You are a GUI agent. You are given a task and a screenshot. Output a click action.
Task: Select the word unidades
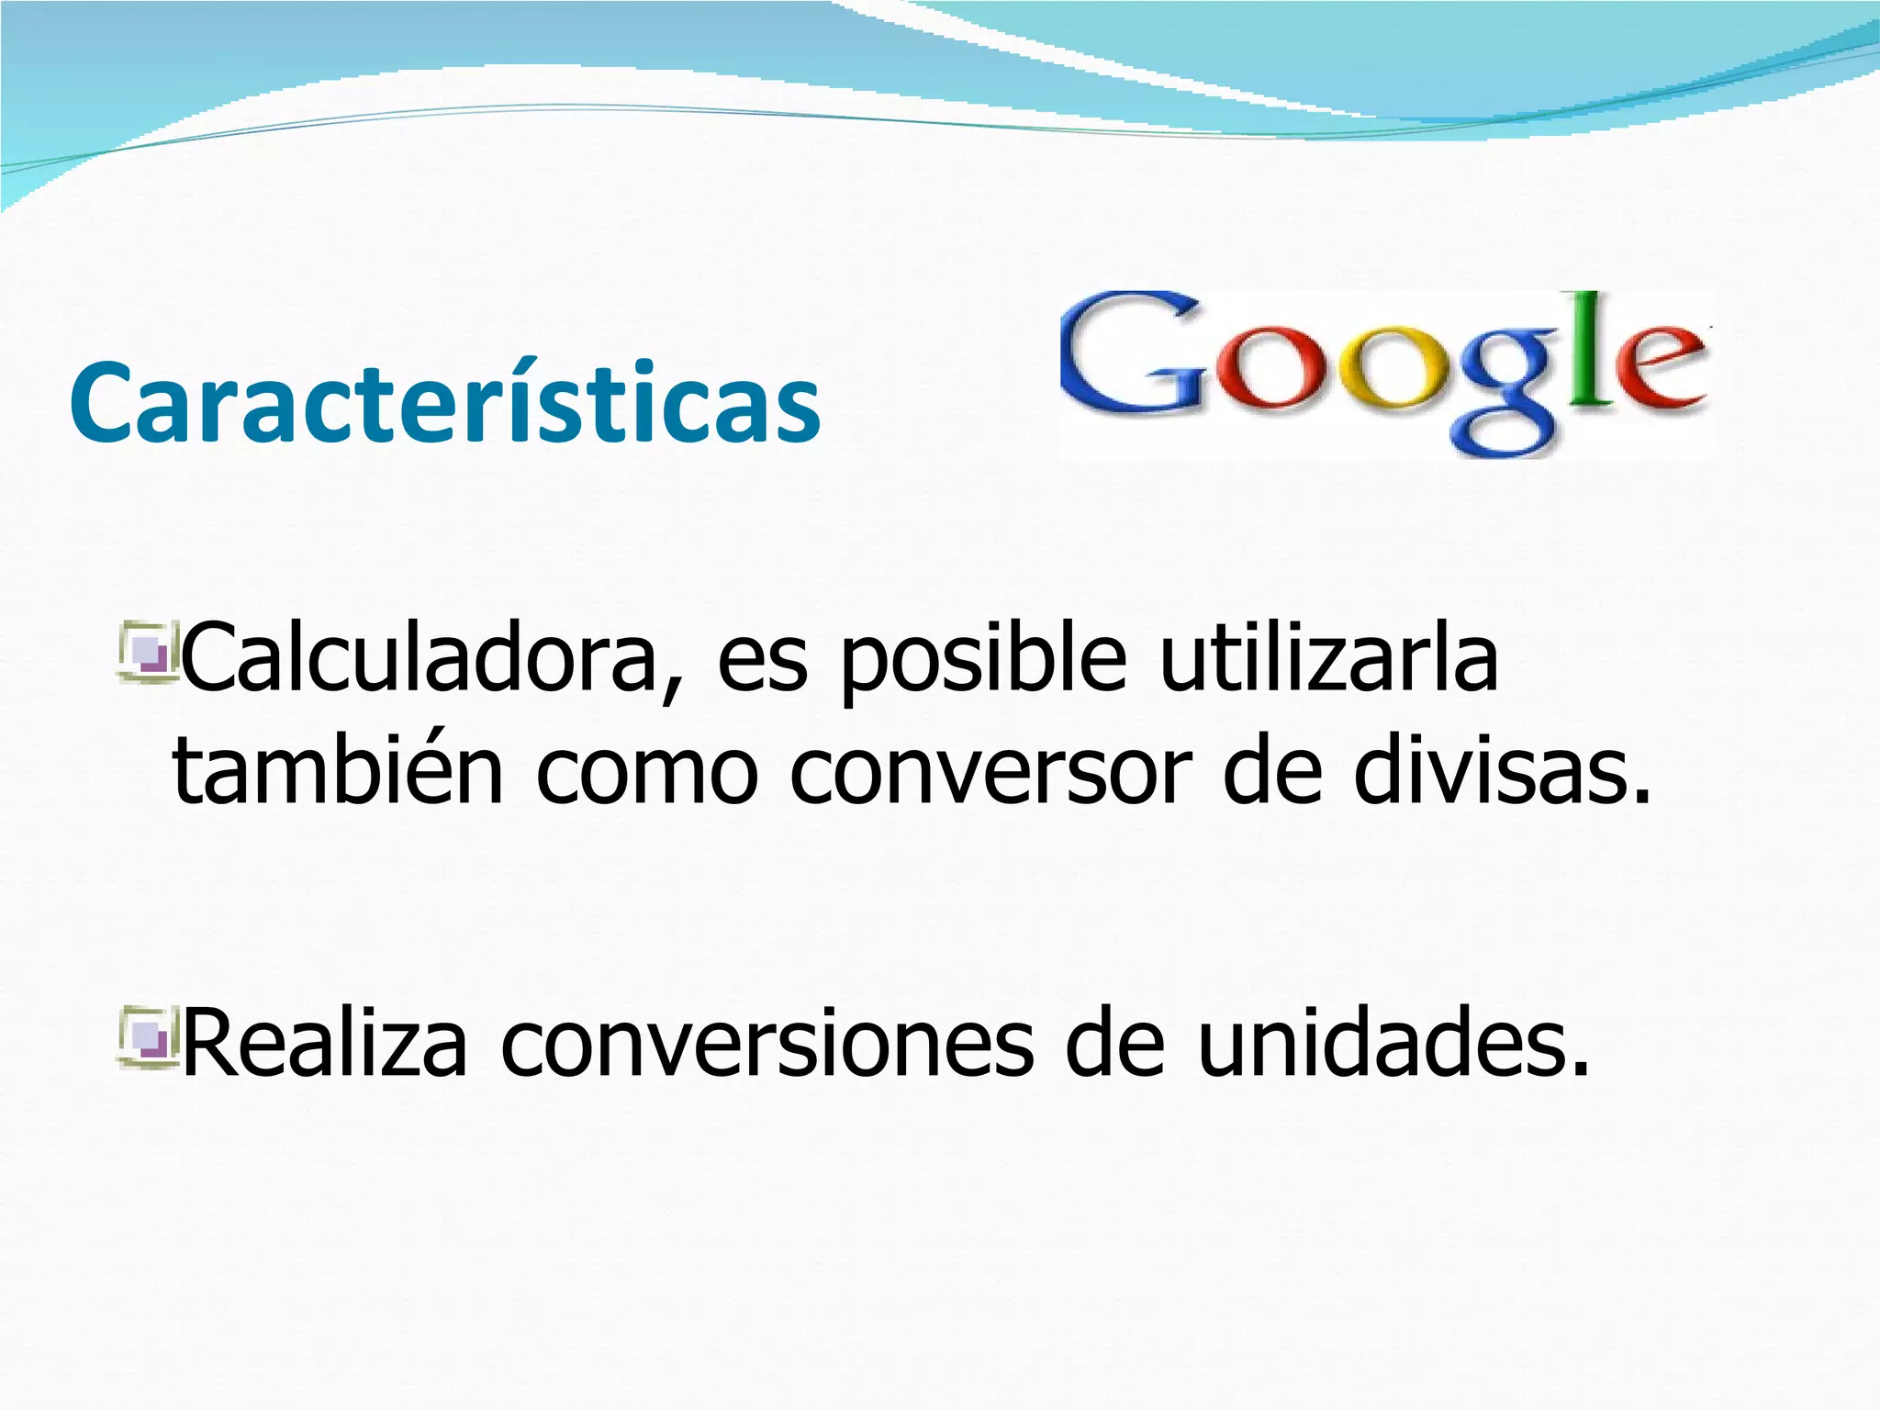point(1394,1042)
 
